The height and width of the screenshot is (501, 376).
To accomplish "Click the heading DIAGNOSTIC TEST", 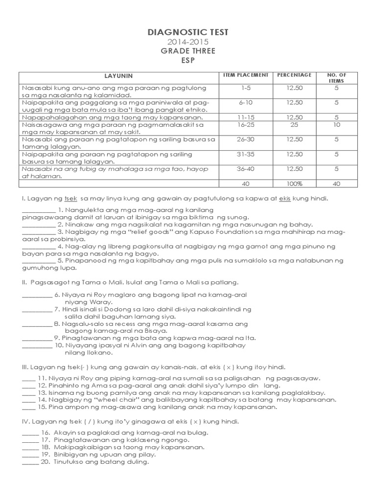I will pyautogui.click(x=188, y=33).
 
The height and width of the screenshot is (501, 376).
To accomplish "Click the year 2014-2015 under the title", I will pyautogui.click(x=188, y=42).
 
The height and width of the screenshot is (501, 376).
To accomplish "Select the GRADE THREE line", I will pyautogui.click(x=188, y=51).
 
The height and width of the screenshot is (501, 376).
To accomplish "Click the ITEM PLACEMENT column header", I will pyautogui.click(x=246, y=75).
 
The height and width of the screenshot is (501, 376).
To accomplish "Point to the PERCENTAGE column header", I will pyautogui.click(x=294, y=75).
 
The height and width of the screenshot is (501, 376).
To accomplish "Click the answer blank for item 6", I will pyautogui.click(x=37, y=295).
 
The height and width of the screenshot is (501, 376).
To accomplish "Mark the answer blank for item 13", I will pyautogui.click(x=28, y=392).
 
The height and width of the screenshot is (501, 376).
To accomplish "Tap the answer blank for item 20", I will pyautogui.click(x=30, y=462).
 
